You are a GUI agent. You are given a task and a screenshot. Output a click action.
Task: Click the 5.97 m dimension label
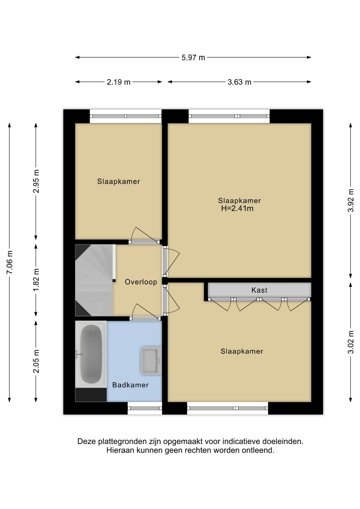point(193,58)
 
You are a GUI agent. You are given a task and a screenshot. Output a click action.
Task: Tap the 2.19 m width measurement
point(118,82)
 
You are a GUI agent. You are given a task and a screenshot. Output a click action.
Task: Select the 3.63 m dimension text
point(239,82)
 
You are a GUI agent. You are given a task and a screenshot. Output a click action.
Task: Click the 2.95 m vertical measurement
point(36,181)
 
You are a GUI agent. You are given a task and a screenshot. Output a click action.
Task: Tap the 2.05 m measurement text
point(36,361)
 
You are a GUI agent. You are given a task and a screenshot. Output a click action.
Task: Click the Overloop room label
point(141,282)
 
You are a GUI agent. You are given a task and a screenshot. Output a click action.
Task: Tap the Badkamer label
point(130,385)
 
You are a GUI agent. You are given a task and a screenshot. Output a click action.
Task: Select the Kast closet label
point(259,290)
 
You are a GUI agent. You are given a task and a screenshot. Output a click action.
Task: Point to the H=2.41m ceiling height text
point(237,209)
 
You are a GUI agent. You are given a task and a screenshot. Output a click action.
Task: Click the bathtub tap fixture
point(79,354)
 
